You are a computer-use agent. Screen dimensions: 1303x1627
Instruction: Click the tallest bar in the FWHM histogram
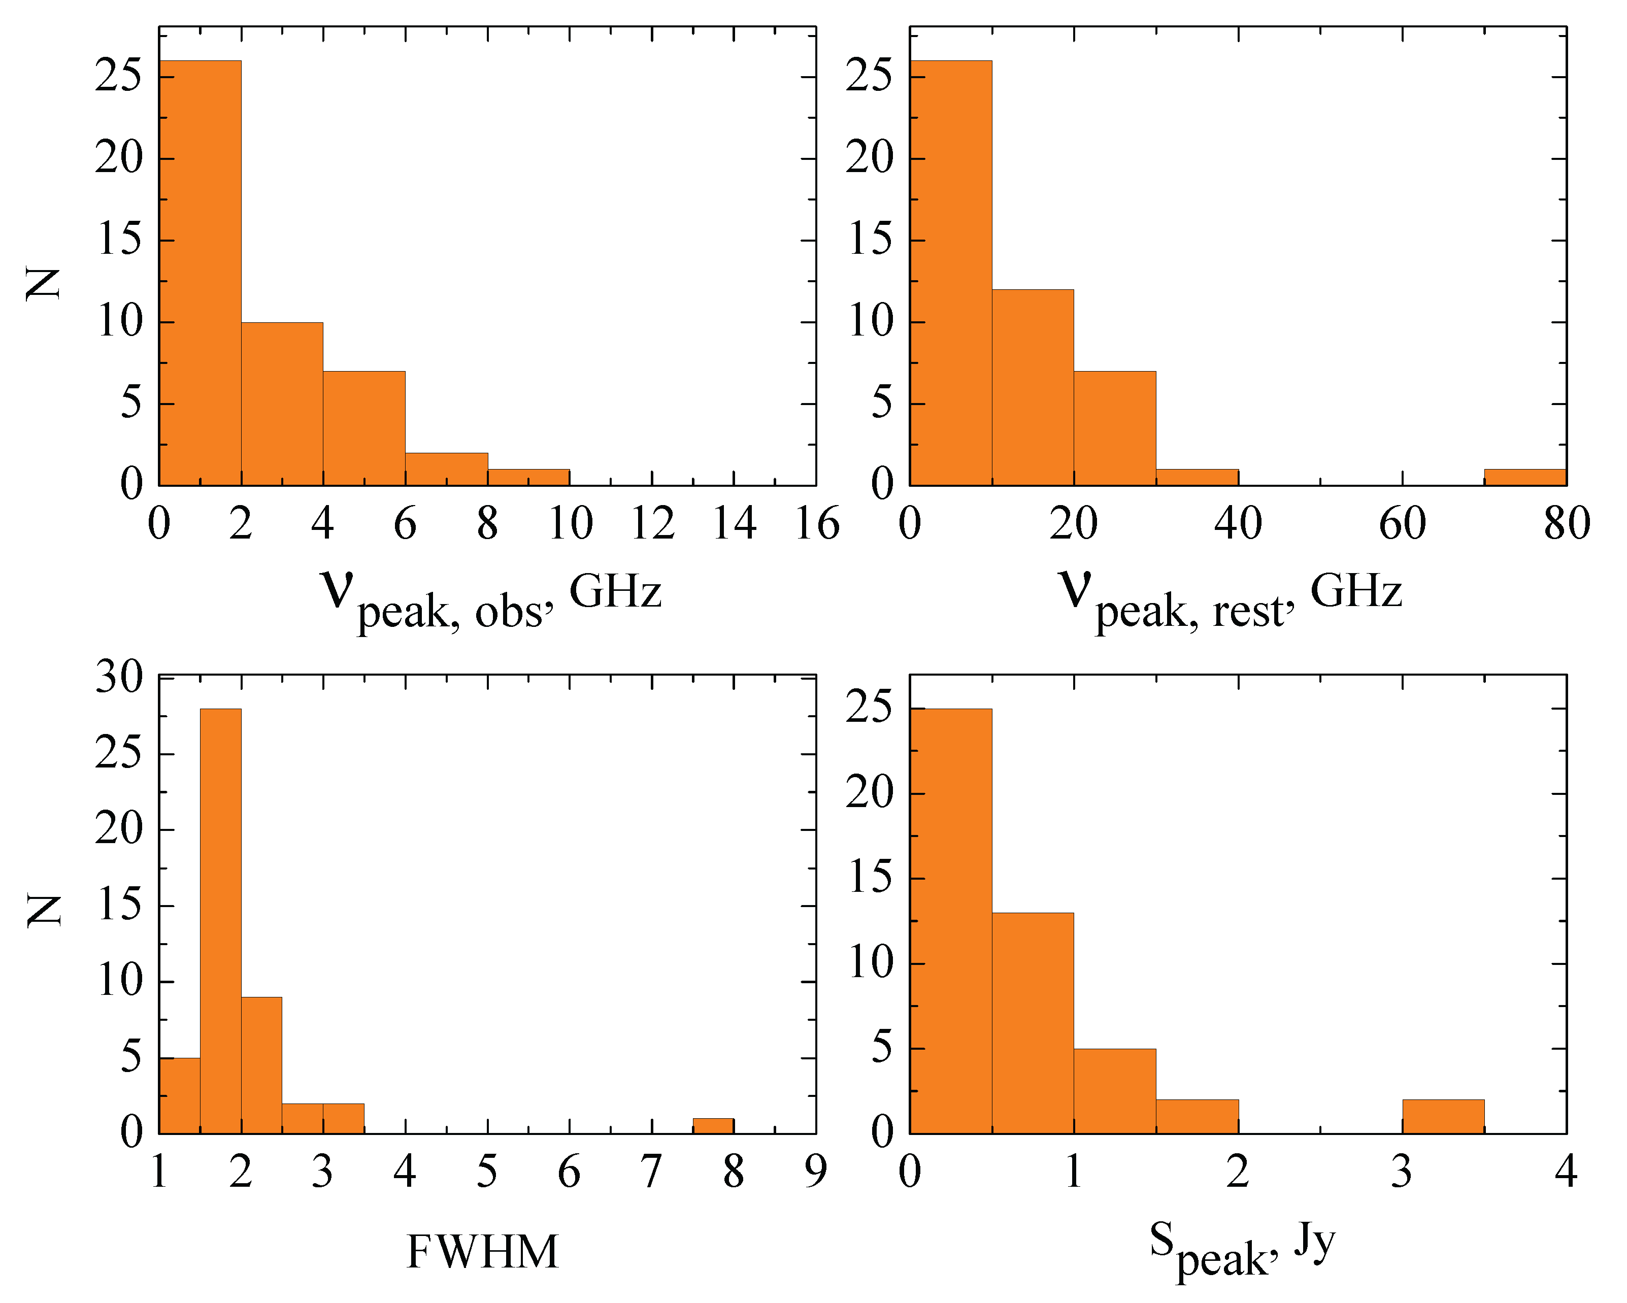(x=220, y=920)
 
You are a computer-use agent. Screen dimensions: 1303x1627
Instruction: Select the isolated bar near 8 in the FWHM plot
(x=713, y=1126)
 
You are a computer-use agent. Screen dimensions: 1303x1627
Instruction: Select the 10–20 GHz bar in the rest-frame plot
(x=1033, y=387)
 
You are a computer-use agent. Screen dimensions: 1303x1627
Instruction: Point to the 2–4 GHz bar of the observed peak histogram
(x=282, y=404)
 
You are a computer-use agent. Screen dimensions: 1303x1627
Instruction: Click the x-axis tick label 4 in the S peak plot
(x=1567, y=1172)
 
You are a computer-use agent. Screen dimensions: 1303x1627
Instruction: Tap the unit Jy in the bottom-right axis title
(x=1315, y=1241)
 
